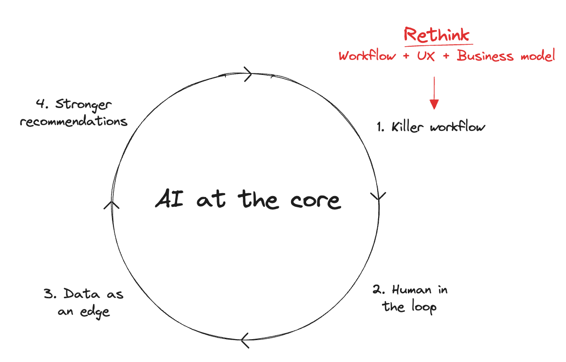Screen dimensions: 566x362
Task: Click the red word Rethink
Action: point(437,35)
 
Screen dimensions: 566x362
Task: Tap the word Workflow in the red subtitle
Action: point(367,56)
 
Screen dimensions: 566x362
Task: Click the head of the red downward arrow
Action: point(434,104)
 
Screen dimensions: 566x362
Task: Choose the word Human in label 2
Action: point(412,290)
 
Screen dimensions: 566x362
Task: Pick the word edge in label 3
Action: point(95,312)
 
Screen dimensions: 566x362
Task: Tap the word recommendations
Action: point(73,121)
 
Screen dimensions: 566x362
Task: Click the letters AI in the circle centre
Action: point(169,199)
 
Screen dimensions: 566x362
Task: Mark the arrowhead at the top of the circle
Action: point(247,75)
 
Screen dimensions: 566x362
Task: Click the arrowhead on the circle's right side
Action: point(378,196)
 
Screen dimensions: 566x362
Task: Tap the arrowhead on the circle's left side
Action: point(112,204)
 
